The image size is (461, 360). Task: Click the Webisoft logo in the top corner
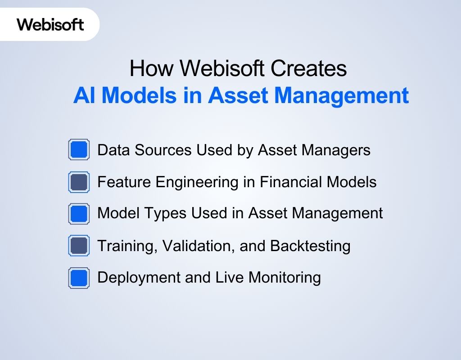[x=50, y=24]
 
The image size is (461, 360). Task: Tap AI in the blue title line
[x=83, y=95]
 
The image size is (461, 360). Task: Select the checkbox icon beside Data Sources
[x=79, y=149]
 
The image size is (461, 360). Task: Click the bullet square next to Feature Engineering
[x=79, y=182]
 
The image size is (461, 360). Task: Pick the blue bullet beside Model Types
[x=79, y=213]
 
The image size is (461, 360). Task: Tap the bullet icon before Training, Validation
[x=79, y=246]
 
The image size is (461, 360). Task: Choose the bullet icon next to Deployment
[x=79, y=278]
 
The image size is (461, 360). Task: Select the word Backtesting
[x=310, y=246]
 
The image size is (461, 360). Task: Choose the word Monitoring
[x=285, y=278]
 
